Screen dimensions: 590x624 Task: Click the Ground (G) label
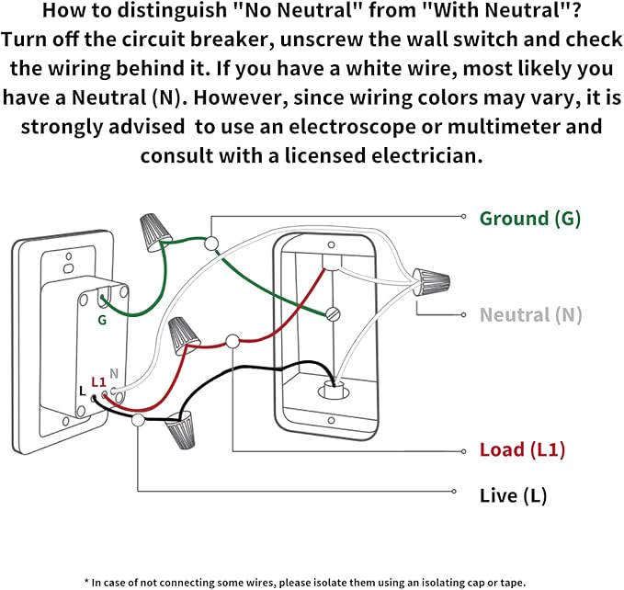529,219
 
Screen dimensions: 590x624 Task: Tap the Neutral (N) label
530,315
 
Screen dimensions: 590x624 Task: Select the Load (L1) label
522,450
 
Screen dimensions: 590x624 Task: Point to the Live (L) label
513,496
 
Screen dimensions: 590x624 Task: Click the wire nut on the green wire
153,232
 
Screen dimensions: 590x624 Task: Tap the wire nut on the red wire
185,333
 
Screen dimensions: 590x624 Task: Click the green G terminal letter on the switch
102,321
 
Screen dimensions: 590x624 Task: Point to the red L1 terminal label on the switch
98,381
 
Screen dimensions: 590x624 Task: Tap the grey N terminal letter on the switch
114,373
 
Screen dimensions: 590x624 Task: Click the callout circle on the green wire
211,244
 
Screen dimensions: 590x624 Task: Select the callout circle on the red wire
233,341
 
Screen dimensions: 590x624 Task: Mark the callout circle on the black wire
138,421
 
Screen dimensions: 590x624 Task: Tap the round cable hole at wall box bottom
332,390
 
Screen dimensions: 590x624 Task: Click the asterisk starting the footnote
86,581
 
